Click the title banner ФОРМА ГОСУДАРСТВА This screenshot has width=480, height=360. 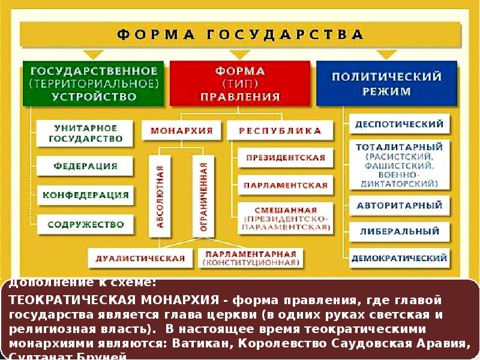pos(240,34)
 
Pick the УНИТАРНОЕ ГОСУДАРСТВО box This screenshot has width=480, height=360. pos(85,133)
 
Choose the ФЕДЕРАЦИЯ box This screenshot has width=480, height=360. pos(85,166)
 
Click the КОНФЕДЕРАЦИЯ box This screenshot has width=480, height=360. pos(85,195)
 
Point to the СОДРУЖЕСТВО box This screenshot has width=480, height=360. pos(85,225)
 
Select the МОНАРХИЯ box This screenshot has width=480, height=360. pos(182,130)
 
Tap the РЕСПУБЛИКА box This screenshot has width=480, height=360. pos(280,130)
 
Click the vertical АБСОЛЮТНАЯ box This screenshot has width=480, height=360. pos(160,195)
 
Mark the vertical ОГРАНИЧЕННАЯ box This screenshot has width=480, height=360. pos(203,195)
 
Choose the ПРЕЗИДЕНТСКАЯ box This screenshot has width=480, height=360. pos(285,159)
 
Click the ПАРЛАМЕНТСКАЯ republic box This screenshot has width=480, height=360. pos(285,185)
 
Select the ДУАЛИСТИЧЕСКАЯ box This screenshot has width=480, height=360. pos(140,258)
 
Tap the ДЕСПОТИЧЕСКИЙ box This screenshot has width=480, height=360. pos(399,125)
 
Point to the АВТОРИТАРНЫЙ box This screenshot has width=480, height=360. pos(399,206)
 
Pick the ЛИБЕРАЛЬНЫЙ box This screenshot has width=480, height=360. pos(399,231)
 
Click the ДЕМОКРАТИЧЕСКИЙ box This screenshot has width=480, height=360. pos(399,259)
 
